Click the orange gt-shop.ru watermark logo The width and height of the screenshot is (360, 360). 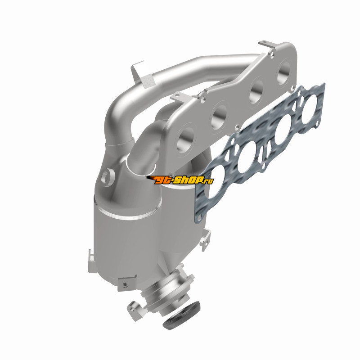pyautogui.click(x=180, y=180)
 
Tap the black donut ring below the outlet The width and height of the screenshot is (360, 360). pyautogui.click(x=182, y=316)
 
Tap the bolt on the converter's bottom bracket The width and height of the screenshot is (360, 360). pyautogui.click(x=126, y=285)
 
